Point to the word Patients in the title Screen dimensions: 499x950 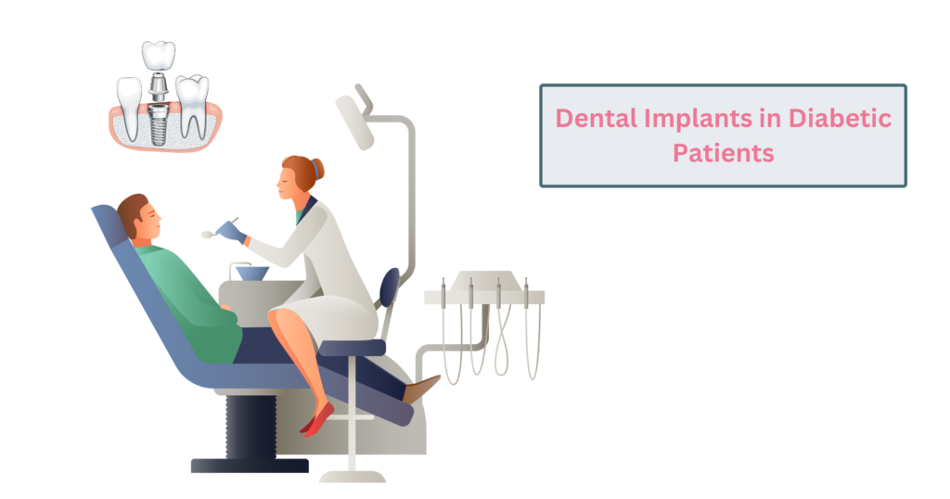(x=723, y=153)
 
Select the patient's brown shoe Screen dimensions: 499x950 (x=422, y=388)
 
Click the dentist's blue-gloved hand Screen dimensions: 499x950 (x=232, y=232)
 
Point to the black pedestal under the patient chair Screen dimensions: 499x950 (x=250, y=427)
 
